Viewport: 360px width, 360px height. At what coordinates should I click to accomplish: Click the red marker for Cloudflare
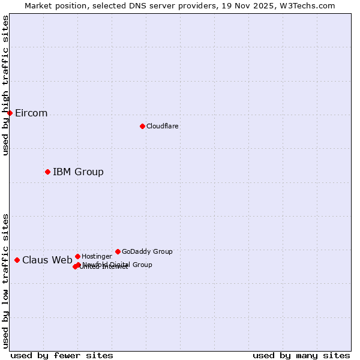[x=142, y=126]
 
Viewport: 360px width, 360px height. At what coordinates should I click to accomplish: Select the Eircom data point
[x=10, y=113]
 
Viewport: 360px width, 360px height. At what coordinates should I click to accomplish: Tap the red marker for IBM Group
[x=47, y=172]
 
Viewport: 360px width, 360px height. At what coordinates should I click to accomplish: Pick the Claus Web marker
[x=17, y=260]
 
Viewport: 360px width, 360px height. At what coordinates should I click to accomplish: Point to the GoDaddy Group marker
[x=118, y=251]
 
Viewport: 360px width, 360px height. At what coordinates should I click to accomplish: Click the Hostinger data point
[x=77, y=256]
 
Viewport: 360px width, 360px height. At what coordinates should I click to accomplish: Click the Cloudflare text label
[x=162, y=126]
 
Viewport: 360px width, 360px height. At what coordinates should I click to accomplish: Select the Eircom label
[x=31, y=113]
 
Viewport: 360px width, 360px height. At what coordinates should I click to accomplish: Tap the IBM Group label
[x=78, y=172]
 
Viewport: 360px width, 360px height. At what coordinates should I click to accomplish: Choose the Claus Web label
[x=47, y=260]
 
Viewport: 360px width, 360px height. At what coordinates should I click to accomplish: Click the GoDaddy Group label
[x=147, y=252]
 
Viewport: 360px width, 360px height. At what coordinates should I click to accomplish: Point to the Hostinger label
[x=97, y=257]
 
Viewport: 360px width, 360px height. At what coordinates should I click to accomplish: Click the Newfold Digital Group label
[x=118, y=265]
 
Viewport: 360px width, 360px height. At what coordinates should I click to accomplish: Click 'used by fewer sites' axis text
[x=62, y=355]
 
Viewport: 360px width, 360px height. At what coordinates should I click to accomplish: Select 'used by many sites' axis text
[x=301, y=355]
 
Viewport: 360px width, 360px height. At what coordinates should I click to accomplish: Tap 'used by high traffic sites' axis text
[x=6, y=85]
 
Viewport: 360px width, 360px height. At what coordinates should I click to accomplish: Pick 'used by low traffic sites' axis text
[x=6, y=280]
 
